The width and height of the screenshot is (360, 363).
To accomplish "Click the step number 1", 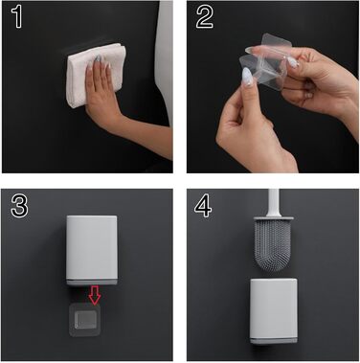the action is pyautogui.click(x=17, y=16).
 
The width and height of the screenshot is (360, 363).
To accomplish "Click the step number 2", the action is pyautogui.click(x=205, y=17).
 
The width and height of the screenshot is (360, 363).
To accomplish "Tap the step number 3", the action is pyautogui.click(x=19, y=205).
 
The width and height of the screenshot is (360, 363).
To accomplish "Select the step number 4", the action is pyautogui.click(x=203, y=205).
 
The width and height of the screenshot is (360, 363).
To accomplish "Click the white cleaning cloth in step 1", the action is pyautogui.click(x=95, y=74).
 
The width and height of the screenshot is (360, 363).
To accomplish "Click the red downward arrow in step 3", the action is pyautogui.click(x=95, y=294).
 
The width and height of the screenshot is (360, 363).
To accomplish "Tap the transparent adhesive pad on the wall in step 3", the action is pyautogui.click(x=85, y=320).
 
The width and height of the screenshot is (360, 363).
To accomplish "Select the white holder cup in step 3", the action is pyautogui.click(x=92, y=250).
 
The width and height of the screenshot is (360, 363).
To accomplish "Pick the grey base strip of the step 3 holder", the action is pyautogui.click(x=92, y=282).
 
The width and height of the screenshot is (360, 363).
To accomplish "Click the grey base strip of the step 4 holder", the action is pyautogui.click(x=273, y=341).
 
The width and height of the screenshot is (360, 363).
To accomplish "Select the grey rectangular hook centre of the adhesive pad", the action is pyautogui.click(x=85, y=320).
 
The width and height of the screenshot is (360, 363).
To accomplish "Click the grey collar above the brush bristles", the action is pyautogui.click(x=274, y=218).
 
